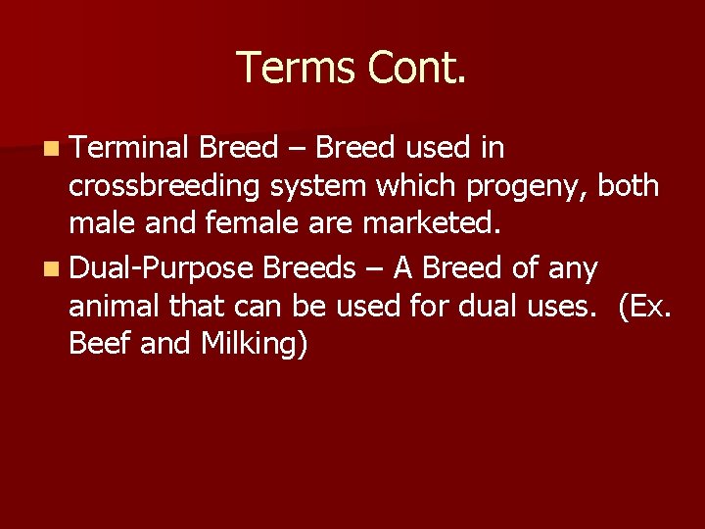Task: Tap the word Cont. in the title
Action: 415,68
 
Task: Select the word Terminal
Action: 129,148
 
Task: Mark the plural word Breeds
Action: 310,266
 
